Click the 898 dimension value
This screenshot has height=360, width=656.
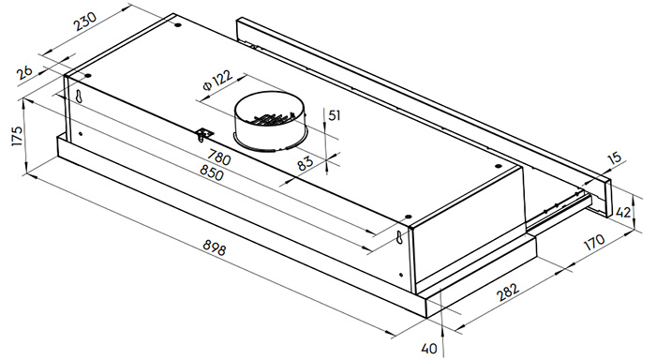point(215,247)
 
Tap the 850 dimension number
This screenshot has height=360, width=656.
point(212,172)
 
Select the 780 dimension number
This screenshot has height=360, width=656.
point(218,157)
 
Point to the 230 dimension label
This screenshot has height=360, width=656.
point(85,22)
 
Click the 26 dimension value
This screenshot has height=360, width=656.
point(24,72)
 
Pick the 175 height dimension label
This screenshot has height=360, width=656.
point(17,135)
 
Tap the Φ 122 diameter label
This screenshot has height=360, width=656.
point(217,81)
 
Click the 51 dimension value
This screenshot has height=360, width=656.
point(335,115)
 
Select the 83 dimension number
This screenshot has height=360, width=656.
point(305,162)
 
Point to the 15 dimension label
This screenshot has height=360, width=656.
point(615,158)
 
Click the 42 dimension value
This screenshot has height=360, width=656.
point(623,213)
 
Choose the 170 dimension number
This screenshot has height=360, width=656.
point(594,242)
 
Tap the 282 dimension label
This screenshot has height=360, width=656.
point(508,292)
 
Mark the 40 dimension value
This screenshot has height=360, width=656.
point(429,348)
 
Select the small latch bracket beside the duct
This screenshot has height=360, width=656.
point(204,135)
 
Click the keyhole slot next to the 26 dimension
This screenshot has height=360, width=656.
point(78,96)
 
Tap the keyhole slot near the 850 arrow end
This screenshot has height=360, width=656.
point(400,237)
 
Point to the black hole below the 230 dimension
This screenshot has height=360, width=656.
point(178,24)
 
